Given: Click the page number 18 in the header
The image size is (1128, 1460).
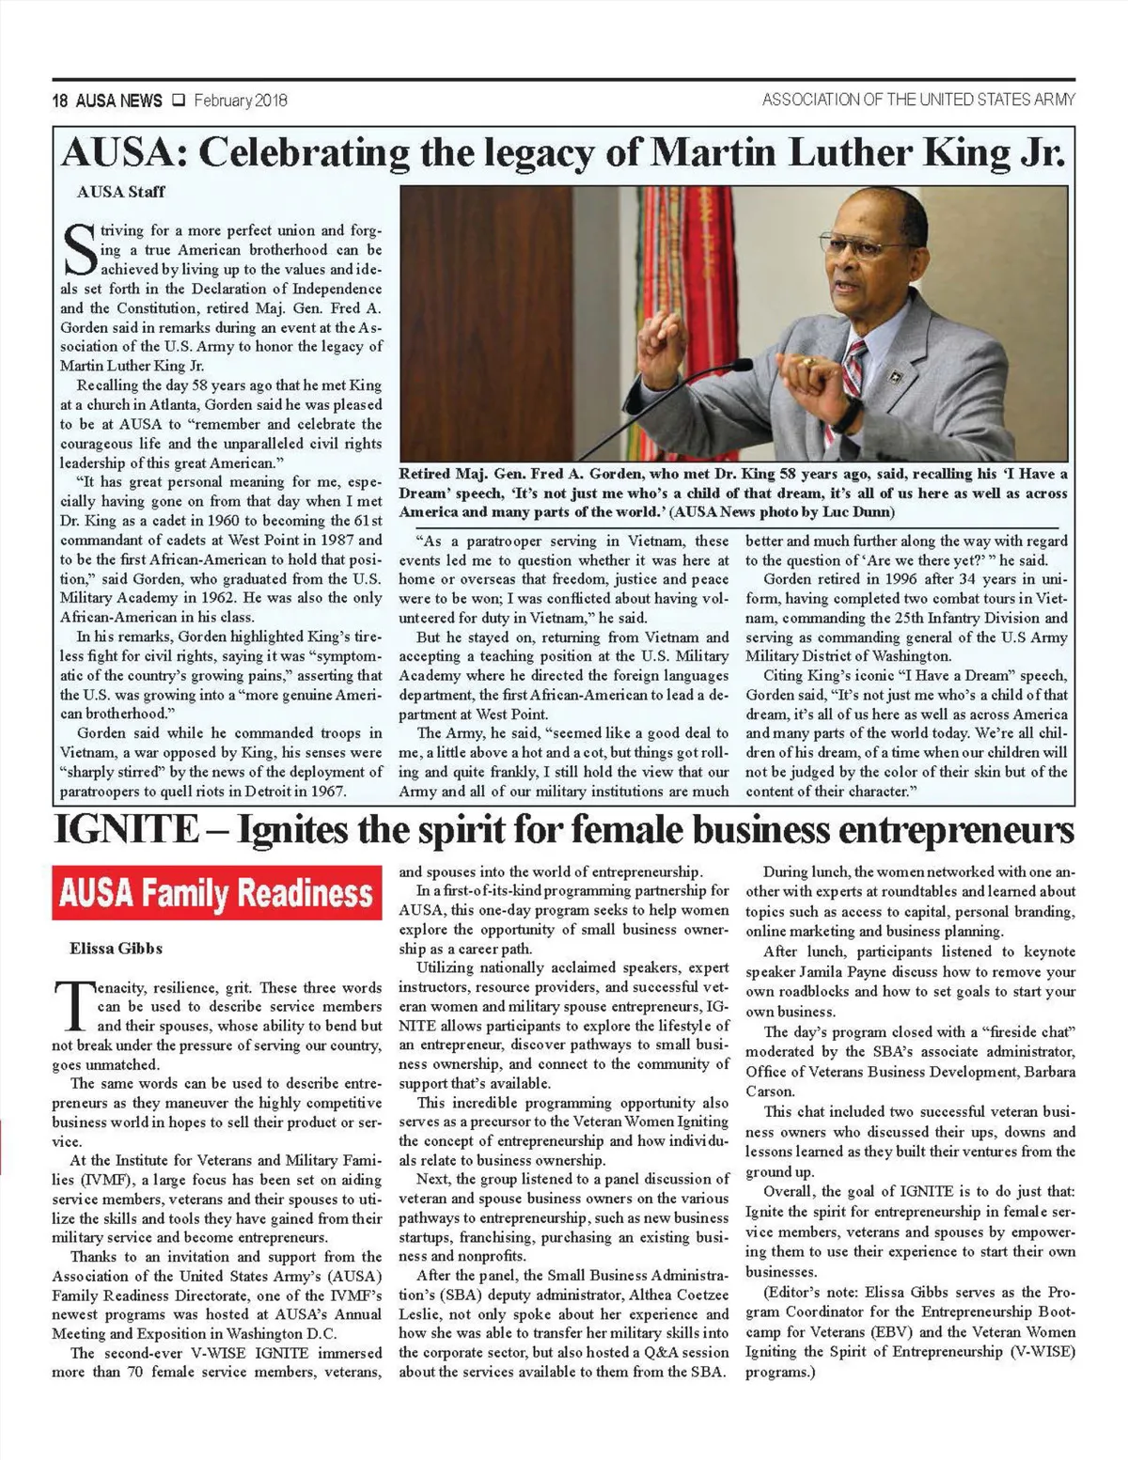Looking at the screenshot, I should point(61,101).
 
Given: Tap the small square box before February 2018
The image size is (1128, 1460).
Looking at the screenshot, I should point(179,101).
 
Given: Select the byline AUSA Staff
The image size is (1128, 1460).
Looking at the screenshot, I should point(120,192).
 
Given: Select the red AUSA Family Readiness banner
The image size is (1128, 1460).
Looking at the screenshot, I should point(216,892).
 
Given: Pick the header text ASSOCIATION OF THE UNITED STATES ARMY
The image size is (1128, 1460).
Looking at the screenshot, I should point(918,100).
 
